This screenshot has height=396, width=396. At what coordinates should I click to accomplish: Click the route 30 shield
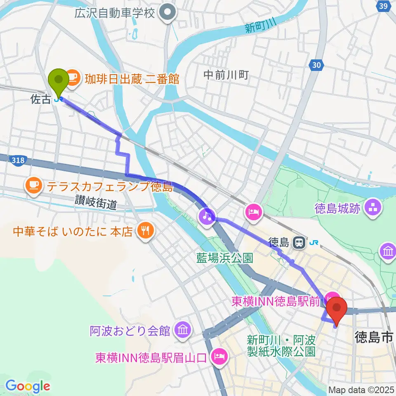point(316,65)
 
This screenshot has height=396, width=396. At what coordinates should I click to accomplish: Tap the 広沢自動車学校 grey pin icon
point(167,13)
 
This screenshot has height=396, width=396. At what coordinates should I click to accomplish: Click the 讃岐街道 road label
point(96,202)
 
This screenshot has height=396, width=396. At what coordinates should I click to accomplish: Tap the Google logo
point(28,386)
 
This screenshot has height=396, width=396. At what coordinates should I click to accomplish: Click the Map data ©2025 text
point(361,389)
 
